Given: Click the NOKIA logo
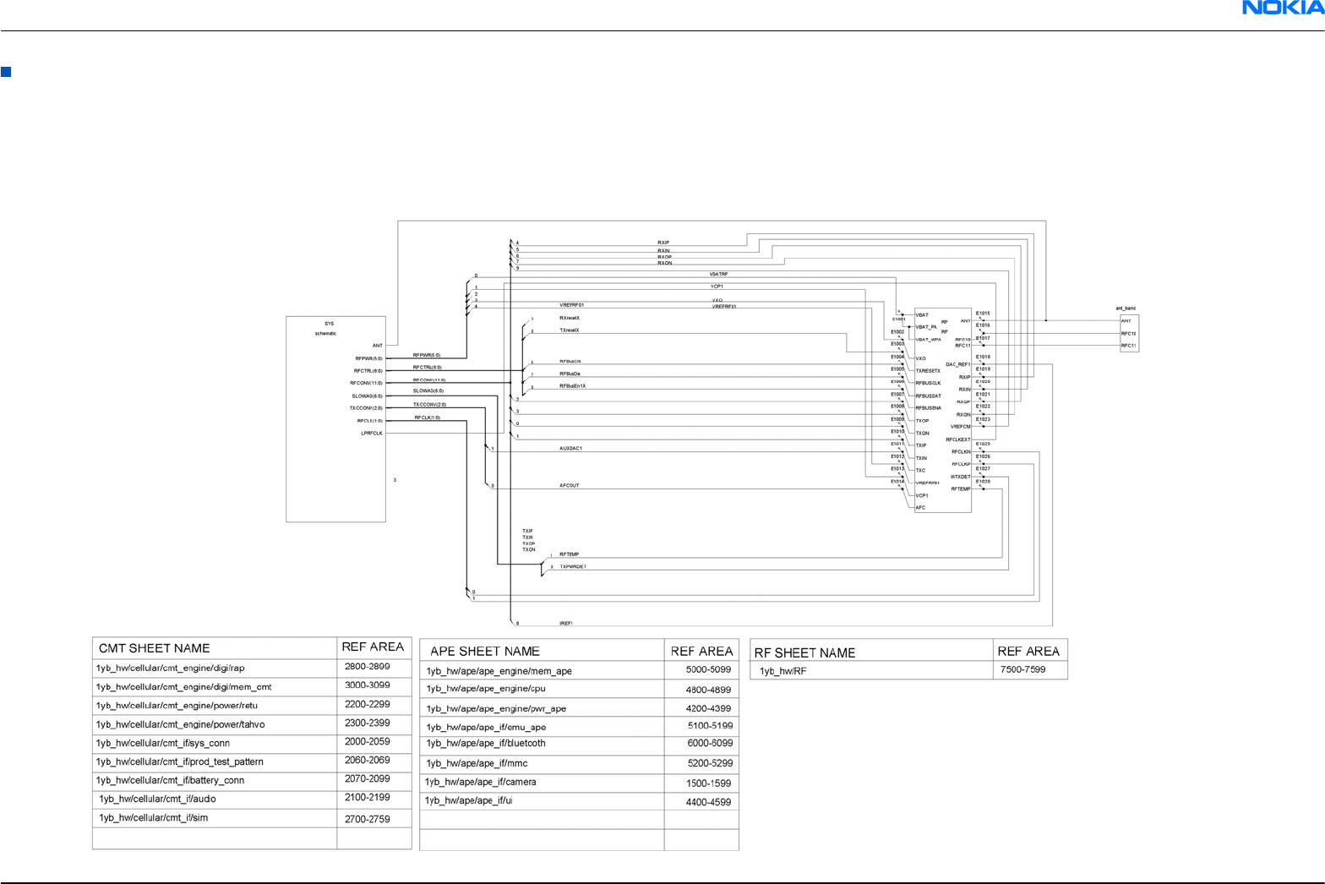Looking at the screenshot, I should pos(1282,8).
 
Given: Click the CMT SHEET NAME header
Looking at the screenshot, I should pos(154,648).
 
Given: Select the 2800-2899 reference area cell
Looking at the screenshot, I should pos(367,667).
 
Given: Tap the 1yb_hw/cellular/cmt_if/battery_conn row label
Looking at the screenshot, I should pos(170,780).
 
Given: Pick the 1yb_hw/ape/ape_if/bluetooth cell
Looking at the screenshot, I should pos(486,744).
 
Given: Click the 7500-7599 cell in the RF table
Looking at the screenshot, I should pos(1022,669).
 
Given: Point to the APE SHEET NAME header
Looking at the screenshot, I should pos(484,651).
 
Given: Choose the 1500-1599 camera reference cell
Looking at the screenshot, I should pos(708,783).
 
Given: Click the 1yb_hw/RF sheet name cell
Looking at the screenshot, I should pos(782,671).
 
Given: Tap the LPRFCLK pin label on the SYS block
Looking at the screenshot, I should pos(372,434).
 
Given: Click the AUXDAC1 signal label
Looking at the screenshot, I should pos(570,448).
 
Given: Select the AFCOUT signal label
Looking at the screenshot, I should pos(569,486).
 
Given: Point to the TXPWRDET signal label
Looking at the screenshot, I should pos(572,567).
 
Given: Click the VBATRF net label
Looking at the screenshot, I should pos(718,275).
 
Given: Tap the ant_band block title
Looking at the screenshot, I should pos(1126,308).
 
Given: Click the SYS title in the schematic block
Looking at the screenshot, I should pos(329,324).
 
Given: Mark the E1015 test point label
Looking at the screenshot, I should pos(983,314).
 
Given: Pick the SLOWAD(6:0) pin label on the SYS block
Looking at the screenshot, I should pos(367,396).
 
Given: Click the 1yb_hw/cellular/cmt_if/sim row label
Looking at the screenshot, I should pos(153,818).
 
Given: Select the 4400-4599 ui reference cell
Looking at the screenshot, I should pos(708,802).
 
